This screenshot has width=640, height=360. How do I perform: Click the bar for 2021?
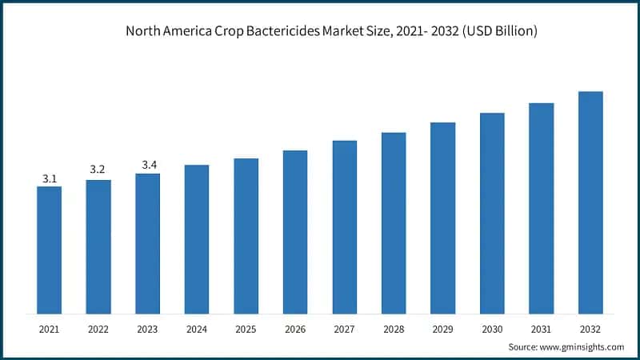click(50, 250)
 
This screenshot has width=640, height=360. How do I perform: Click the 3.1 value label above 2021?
click(50, 178)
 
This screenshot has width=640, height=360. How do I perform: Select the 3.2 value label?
click(98, 170)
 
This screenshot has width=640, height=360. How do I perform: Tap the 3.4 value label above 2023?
click(148, 165)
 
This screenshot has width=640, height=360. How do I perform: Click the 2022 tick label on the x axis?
click(98, 329)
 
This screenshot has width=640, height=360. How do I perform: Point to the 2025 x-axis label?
click(246, 329)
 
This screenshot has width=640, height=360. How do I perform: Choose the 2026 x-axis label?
click(295, 329)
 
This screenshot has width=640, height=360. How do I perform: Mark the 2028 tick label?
click(394, 329)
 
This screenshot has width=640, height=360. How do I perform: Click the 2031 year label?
click(542, 329)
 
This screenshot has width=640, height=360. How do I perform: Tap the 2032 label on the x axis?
click(590, 329)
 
